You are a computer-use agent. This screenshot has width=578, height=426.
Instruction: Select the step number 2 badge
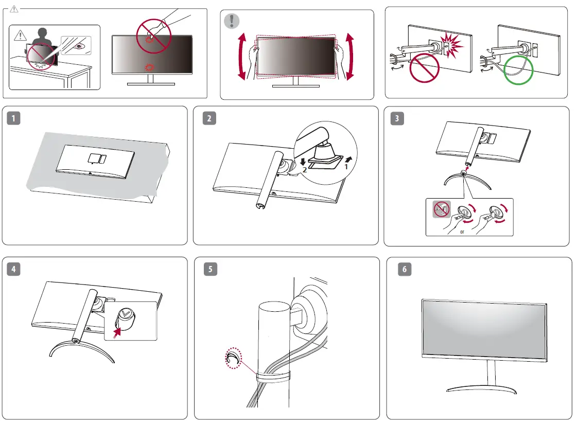pyautogui.click(x=209, y=118)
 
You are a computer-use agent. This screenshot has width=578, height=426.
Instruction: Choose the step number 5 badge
pyautogui.click(x=209, y=269)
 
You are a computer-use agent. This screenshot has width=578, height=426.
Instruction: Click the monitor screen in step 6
pyautogui.click(x=484, y=329)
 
